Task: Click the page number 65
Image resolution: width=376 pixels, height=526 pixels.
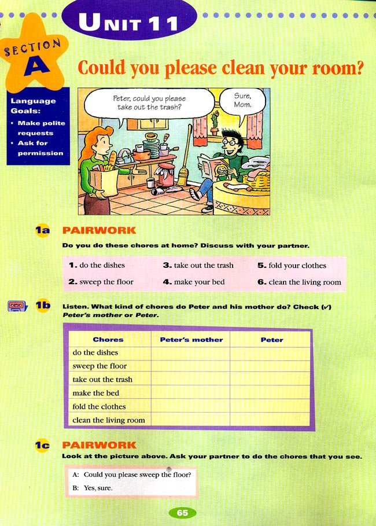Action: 183,513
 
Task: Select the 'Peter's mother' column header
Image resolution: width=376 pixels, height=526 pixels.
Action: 191,340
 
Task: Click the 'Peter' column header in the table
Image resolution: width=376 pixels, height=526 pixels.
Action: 271,340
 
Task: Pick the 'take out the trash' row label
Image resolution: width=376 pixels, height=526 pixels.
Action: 102,380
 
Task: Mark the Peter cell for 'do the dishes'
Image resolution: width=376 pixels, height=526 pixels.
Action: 270,352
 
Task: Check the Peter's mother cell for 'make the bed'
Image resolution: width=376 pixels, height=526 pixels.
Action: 191,393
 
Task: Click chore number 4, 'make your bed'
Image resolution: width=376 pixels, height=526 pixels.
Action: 193,282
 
